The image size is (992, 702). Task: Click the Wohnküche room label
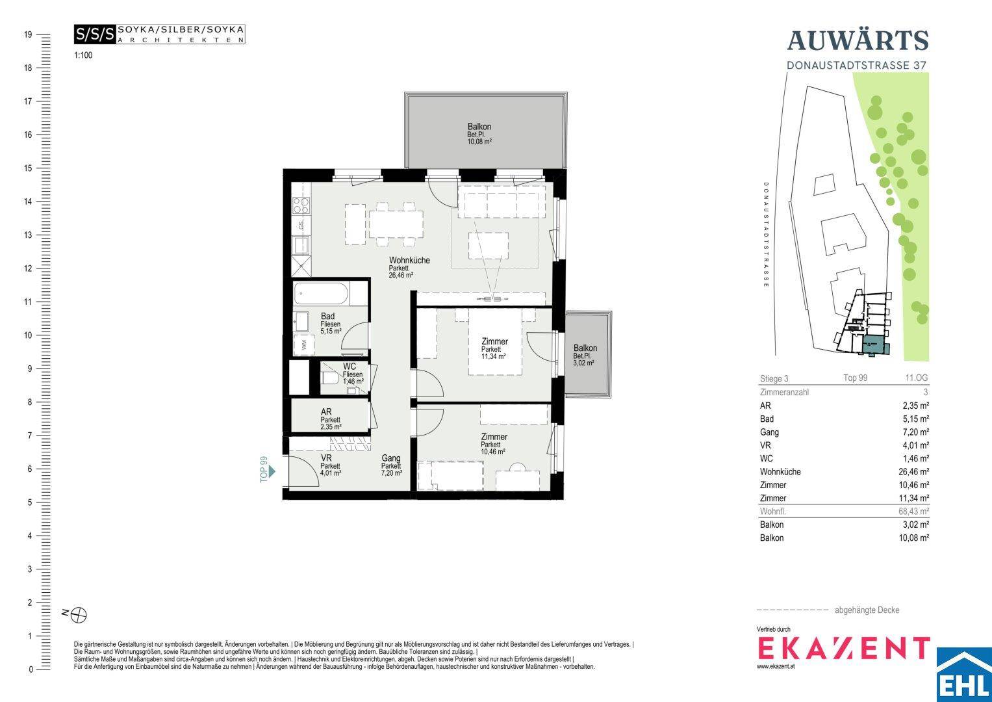pyautogui.click(x=409, y=260)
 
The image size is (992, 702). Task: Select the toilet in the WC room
pyautogui.click(x=329, y=378)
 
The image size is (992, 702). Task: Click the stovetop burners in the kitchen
pyautogui.click(x=301, y=205)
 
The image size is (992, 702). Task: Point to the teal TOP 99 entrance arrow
pyautogui.click(x=272, y=471)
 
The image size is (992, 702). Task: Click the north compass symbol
pyautogui.click(x=79, y=615)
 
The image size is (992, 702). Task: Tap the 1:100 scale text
pyautogui.click(x=83, y=55)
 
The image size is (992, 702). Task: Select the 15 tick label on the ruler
pyautogui.click(x=28, y=168)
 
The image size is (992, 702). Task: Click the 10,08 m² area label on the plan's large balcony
pyautogui.click(x=479, y=142)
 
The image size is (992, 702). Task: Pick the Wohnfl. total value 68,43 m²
pyautogui.click(x=913, y=511)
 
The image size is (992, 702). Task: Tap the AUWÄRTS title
pyautogui.click(x=858, y=41)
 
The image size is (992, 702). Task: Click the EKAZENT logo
pyautogui.click(x=844, y=649)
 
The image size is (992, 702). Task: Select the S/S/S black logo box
pyautogui.click(x=95, y=34)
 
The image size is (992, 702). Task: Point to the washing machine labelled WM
pyautogui.click(x=304, y=344)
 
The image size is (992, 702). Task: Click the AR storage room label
pyautogui.click(x=326, y=412)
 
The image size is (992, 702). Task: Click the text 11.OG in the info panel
pyautogui.click(x=916, y=378)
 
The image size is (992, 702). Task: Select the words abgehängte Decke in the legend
pyautogui.click(x=867, y=610)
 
